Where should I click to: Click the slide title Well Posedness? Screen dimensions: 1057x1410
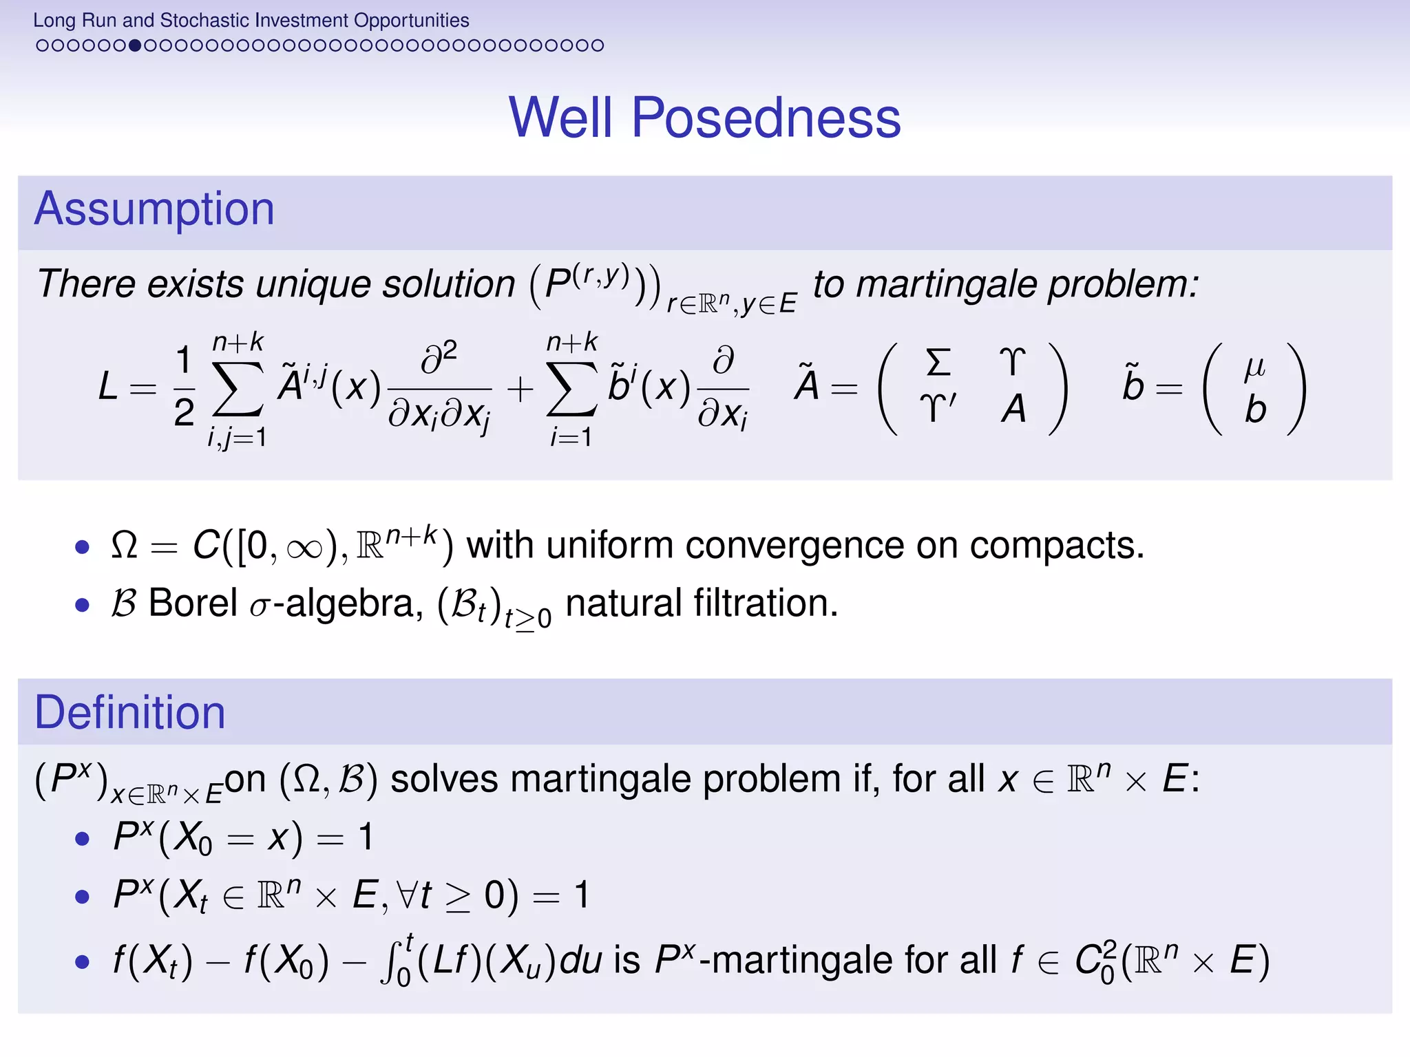[704, 118]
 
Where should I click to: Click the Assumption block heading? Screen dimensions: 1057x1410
[154, 209]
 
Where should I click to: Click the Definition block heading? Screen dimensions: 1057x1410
[130, 712]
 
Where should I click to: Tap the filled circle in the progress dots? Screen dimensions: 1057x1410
[135, 45]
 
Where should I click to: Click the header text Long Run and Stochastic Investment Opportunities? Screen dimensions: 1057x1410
[251, 20]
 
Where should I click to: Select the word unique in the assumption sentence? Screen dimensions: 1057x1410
[315, 284]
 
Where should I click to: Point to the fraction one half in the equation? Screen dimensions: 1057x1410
[184, 387]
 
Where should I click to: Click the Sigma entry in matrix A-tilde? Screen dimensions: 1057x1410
[938, 362]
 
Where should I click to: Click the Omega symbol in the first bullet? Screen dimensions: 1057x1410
[125, 546]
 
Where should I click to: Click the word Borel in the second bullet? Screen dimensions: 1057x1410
[193, 604]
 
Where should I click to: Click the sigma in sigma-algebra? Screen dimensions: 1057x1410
[259, 607]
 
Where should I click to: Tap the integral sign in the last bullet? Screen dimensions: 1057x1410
[388, 961]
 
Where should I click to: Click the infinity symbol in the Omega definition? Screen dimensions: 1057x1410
[304, 548]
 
